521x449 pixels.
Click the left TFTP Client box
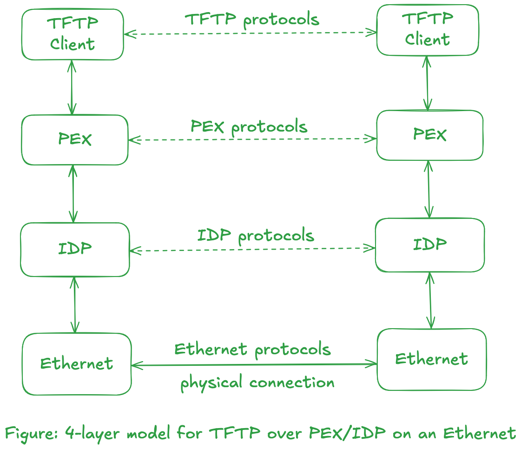tap(73, 35)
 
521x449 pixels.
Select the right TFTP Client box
tap(428, 30)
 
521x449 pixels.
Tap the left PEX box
tap(74, 140)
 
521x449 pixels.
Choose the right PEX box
tap(429, 135)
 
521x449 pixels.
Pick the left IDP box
tap(75, 250)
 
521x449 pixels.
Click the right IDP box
tap(430, 245)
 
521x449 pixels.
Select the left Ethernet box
tap(77, 364)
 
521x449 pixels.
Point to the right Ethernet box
tap(432, 359)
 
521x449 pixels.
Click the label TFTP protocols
tap(252, 20)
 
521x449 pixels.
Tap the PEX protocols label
tap(249, 126)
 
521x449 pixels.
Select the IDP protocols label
tap(256, 236)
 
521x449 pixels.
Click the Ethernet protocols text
tap(252, 349)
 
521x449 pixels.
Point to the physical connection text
tap(257, 383)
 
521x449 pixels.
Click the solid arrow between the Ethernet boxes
tap(254, 365)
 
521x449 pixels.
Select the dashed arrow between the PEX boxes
tap(252, 139)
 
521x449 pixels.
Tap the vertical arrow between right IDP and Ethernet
tap(430, 300)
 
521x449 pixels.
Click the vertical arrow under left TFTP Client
tap(72, 87)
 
